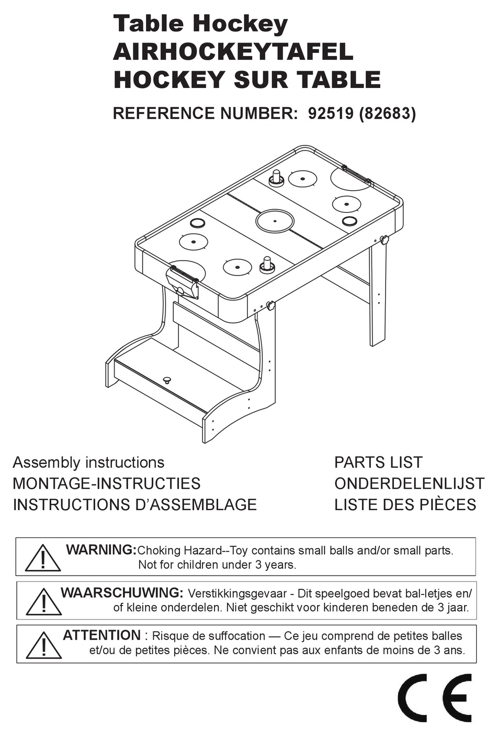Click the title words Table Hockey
click(200, 24)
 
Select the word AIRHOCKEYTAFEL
click(233, 52)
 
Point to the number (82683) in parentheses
click(387, 114)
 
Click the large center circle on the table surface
click(275, 221)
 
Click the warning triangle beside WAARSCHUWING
click(44, 601)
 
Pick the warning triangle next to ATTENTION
click(44, 644)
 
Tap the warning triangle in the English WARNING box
click(43, 558)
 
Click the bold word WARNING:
click(101, 550)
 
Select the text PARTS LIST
click(378, 462)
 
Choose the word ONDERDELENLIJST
click(409, 483)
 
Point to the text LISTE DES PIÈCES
click(405, 504)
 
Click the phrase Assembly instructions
click(88, 462)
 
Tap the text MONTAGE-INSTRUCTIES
click(107, 483)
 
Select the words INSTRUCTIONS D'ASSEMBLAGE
click(134, 504)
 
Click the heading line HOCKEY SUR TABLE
click(247, 80)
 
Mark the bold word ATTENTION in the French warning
click(101, 635)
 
